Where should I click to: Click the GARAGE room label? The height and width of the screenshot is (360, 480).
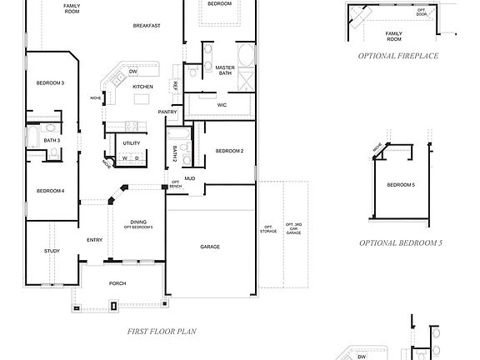pos(210,247)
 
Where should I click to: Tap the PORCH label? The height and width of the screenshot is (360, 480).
pos(117,283)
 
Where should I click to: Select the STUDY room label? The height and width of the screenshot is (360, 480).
pos(52,251)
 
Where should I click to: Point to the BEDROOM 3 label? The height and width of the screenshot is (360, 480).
pos(50,83)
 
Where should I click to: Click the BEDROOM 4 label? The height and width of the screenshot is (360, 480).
pos(50,191)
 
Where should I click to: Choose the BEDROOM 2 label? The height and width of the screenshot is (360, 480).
pos(229,151)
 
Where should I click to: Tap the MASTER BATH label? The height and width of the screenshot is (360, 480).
pos(225,70)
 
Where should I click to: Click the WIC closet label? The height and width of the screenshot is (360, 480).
pos(222,105)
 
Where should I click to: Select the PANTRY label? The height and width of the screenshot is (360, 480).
pos(167,112)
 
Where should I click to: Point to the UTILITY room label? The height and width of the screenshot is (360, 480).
pos(132,142)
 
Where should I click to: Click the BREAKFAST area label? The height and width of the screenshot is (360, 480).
pos(147,26)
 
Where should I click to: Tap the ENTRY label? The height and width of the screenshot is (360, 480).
pos(95,240)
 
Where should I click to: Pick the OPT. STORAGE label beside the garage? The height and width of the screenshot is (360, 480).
pos(268,228)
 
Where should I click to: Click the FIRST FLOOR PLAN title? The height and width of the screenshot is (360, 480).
pos(162,332)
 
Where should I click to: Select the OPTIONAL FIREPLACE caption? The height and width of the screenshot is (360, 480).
pos(397,56)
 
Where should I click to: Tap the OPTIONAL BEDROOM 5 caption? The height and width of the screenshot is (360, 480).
pos(399,243)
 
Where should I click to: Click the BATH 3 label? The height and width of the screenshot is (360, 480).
pos(52,140)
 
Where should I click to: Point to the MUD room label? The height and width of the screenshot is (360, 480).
pos(189,178)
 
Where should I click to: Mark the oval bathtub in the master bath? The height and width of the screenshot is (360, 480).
pos(247,57)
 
